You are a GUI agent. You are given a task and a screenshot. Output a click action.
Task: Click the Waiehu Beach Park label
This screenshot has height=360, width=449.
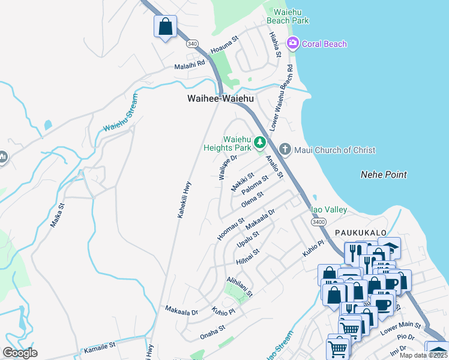coord(291,16)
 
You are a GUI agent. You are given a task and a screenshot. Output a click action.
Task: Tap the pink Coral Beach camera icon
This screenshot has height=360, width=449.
coord(293,43)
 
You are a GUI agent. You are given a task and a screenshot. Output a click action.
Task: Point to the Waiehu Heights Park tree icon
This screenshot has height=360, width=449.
coord(260,142)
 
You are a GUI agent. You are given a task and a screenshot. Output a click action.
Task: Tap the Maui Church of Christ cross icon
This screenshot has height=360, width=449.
coord(285,149)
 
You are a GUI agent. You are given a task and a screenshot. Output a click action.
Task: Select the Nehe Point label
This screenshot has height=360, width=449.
coord(384,175)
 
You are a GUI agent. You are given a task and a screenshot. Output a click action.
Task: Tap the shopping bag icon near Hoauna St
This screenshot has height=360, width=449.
coord(165,27)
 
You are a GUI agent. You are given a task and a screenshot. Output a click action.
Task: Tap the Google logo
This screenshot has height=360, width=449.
coord(20,353)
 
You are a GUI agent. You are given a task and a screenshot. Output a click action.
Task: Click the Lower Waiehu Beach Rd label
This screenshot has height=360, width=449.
coord(282,98)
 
